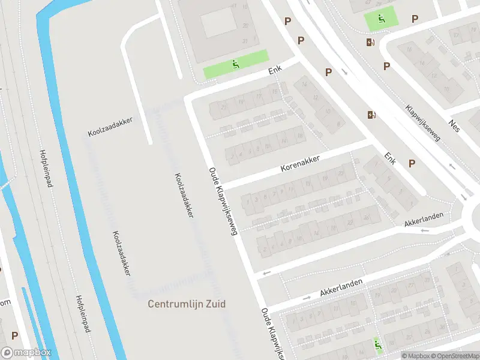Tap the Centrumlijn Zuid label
pos(187,304)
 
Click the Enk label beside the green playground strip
pos(275,71)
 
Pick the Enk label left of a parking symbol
pos(391,159)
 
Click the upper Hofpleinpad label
pos(44,169)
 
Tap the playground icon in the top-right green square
pos(381,19)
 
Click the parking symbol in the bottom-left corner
pos(14,336)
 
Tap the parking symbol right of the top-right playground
pos(415,19)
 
